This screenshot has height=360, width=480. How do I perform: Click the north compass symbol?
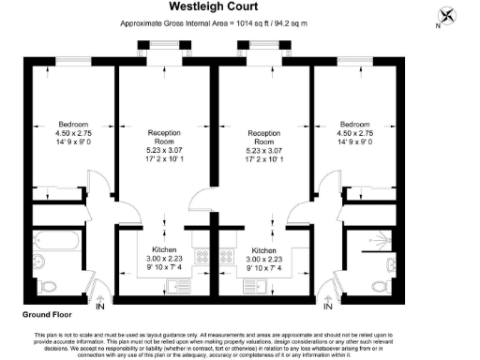pyautogui.click(x=446, y=16)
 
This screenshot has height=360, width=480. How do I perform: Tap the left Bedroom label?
pyautogui.click(x=73, y=125)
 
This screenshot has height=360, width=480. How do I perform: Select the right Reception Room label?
pyautogui.click(x=262, y=138)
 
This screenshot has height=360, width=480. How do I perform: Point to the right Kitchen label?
pyautogui.click(x=263, y=250)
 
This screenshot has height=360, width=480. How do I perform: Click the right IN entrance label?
pyautogui.click(x=327, y=306)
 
